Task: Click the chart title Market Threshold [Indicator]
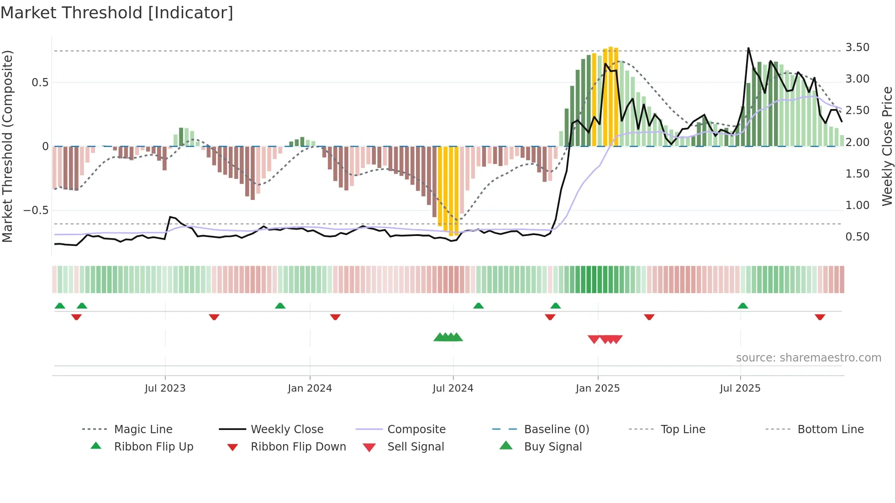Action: tap(117, 13)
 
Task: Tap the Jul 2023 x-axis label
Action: tap(165, 388)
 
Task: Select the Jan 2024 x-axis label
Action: tap(310, 388)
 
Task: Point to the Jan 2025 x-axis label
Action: tap(597, 388)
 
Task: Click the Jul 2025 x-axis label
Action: tap(740, 388)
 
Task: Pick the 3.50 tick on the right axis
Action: tap(857, 47)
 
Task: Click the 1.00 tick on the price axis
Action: tap(857, 205)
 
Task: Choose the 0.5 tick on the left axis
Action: tap(40, 83)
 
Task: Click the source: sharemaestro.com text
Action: tap(808, 358)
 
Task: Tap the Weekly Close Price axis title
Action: tap(887, 146)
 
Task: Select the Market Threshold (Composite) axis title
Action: tap(7, 146)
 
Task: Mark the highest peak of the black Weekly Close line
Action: tap(748, 48)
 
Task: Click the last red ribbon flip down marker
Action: tap(820, 317)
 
